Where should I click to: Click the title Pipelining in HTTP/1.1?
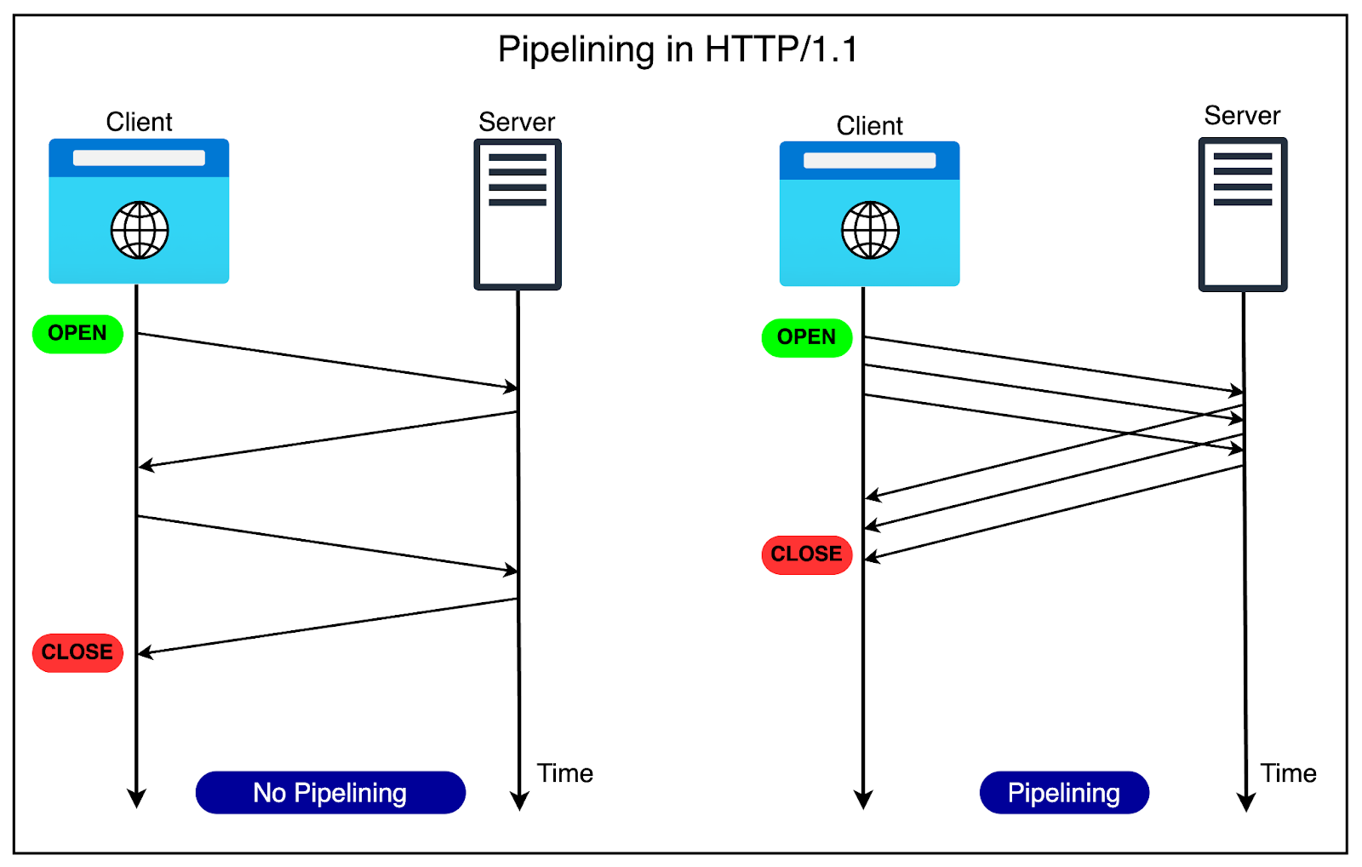pos(678,49)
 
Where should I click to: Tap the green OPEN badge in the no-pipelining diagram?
pos(77,333)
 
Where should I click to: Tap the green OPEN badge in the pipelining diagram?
pos(806,337)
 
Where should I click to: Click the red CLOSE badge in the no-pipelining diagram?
pos(77,652)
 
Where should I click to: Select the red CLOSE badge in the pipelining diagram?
pos(806,554)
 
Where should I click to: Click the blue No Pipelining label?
pos(330,793)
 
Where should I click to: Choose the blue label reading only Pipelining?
pos(1064,793)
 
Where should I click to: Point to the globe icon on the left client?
pos(140,230)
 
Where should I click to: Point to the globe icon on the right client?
pos(870,230)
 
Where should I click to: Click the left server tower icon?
pos(518,215)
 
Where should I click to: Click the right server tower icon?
pos(1243,215)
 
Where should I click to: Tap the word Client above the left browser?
pos(139,122)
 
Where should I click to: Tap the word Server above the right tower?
pos(1242,116)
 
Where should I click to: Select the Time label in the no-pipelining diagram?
pos(564,773)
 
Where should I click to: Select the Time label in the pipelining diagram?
pos(1288,773)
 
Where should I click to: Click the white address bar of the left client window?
pos(139,158)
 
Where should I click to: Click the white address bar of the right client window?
pos(869,161)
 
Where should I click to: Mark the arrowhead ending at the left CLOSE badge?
pos(145,653)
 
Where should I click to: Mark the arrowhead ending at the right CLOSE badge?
pos(872,558)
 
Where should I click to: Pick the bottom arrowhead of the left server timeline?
pos(519,801)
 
